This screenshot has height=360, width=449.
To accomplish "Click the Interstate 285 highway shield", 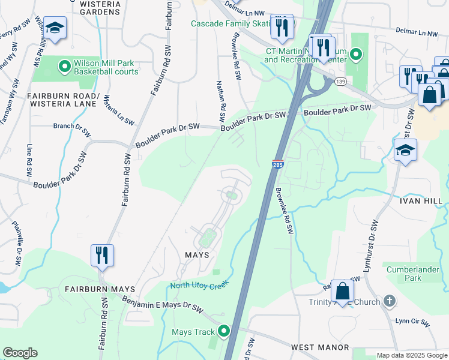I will tap(277, 164).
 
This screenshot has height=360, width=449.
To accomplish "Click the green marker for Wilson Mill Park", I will tap(64, 64).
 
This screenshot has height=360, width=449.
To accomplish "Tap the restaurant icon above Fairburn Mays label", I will tap(101, 255).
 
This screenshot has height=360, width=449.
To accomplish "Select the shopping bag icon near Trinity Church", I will tap(342, 292).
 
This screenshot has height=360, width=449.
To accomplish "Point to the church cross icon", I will tap(389, 301).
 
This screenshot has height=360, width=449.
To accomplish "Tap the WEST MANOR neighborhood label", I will tap(320, 347).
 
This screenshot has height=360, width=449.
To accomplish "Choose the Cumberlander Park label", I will tap(412, 274).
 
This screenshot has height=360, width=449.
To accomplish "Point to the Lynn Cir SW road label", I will tap(412, 322).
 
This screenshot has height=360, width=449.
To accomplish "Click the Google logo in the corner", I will tap(20, 353).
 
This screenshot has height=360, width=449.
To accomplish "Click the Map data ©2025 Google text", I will tap(412, 355).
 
